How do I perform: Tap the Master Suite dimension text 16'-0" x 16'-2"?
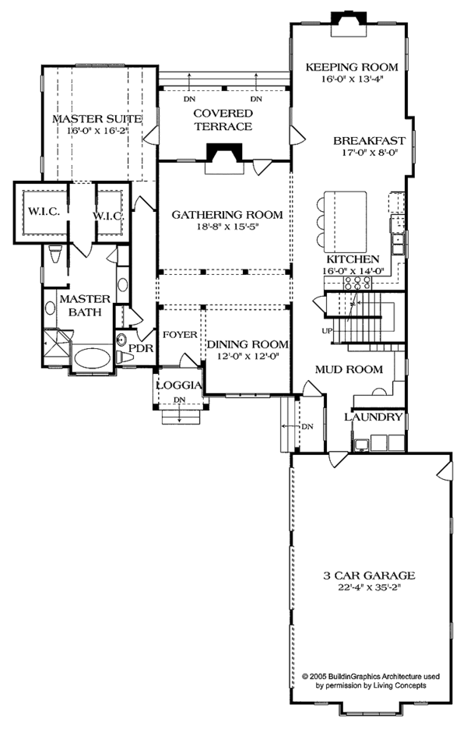[x=97, y=132]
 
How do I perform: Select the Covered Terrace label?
[x=223, y=120]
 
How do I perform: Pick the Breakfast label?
[x=369, y=141]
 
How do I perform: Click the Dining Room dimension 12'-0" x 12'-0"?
[x=248, y=357]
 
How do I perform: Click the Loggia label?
[x=180, y=386]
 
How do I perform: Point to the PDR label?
[x=140, y=347]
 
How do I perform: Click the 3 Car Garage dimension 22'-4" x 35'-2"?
[x=369, y=589]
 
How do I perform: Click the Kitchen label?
[x=352, y=259]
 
